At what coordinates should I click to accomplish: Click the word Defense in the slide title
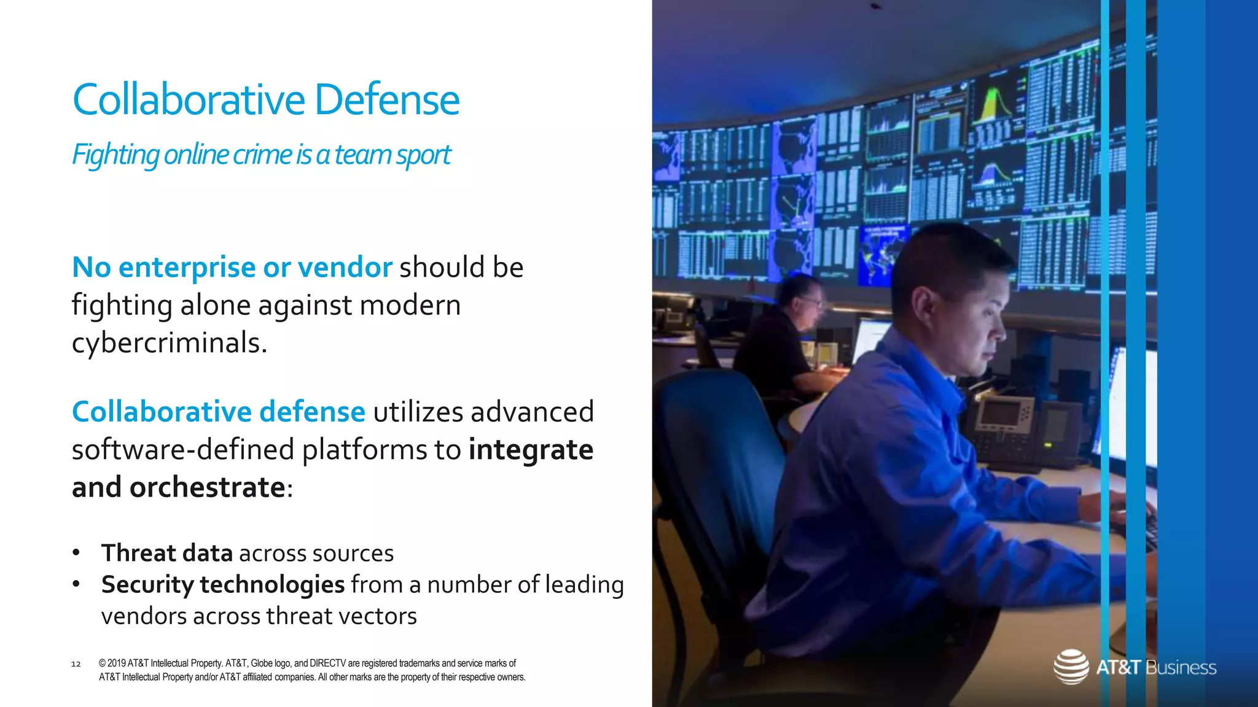pyautogui.click(x=387, y=99)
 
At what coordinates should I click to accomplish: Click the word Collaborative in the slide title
pyautogui.click(x=189, y=99)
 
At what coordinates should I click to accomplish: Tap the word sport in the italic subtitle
pyautogui.click(x=423, y=155)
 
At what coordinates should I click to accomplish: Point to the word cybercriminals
pyautogui.click(x=169, y=343)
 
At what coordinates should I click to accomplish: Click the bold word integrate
pyautogui.click(x=531, y=450)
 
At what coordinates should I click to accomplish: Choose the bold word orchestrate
pyautogui.click(x=207, y=488)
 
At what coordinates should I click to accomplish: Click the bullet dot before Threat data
pyautogui.click(x=76, y=552)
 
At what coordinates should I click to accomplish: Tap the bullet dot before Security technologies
pyautogui.click(x=76, y=584)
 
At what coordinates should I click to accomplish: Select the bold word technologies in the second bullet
pyautogui.click(x=272, y=585)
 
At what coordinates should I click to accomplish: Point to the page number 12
pyautogui.click(x=76, y=664)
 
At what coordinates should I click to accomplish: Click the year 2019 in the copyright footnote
pyautogui.click(x=117, y=663)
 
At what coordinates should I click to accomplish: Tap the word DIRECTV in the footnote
pyautogui.click(x=327, y=663)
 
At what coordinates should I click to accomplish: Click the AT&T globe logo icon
pyautogui.click(x=1071, y=666)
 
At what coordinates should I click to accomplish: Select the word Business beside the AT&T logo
pyautogui.click(x=1181, y=668)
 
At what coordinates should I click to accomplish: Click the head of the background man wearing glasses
pyautogui.click(x=799, y=295)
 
